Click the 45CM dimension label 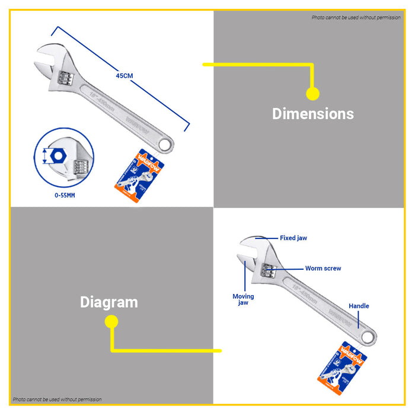[x=124, y=75]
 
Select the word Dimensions [x=312, y=114]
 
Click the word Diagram [x=109, y=302]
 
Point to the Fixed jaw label [x=293, y=238]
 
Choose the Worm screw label [x=323, y=269]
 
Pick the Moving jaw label [x=243, y=299]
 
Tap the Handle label [x=359, y=306]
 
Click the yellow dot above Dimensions [x=312, y=94]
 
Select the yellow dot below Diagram [x=111, y=321]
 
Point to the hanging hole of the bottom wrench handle [x=369, y=338]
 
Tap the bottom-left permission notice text [x=57, y=400]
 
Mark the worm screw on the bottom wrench [x=270, y=272]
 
